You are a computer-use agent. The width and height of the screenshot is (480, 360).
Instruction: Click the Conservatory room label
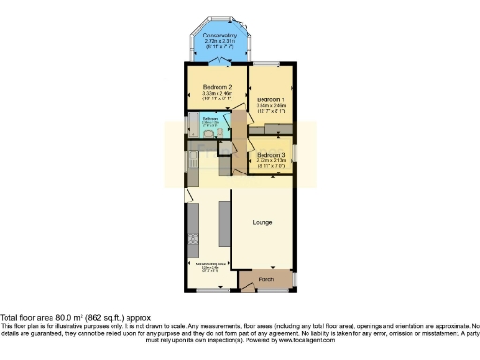click(x=217, y=37)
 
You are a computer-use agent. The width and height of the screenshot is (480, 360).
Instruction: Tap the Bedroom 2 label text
click(x=217, y=86)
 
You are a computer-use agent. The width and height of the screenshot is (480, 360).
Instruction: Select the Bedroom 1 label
click(x=272, y=99)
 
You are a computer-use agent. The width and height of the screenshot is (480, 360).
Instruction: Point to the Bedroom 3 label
click(x=271, y=154)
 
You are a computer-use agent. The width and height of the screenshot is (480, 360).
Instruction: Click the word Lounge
click(x=262, y=223)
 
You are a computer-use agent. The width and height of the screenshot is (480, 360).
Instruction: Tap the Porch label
click(x=265, y=279)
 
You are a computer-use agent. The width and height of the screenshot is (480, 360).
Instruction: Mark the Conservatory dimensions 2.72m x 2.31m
click(x=217, y=43)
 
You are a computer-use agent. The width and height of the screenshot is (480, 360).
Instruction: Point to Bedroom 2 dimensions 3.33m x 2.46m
click(x=217, y=93)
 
